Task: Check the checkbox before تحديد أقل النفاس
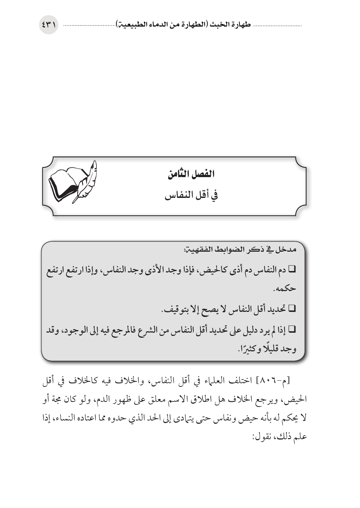click(x=292, y=308)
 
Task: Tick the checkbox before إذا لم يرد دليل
click(x=292, y=329)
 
